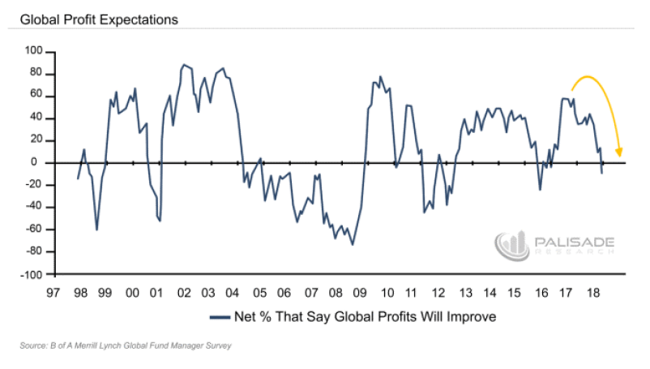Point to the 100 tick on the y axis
[x=35, y=51]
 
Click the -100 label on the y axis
[x=32, y=274]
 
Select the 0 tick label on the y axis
[x=40, y=162]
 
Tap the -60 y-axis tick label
[x=35, y=230]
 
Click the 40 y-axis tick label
[x=37, y=118]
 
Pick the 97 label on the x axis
[x=54, y=293]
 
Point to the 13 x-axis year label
[x=465, y=293]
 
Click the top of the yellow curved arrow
[x=591, y=76]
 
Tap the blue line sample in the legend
[x=220, y=317]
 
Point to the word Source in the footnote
[x=32, y=346]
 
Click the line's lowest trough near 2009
[x=352, y=244]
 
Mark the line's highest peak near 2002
[x=183, y=64]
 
